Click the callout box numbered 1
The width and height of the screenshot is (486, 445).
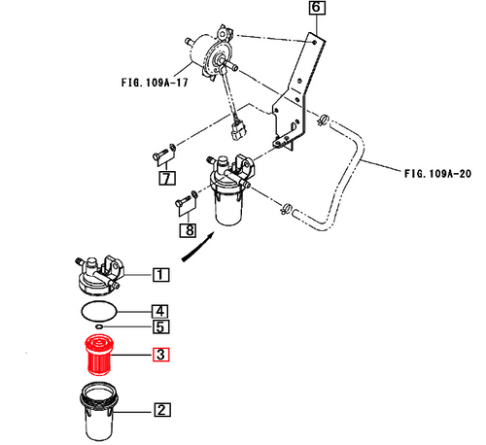[x=159, y=274]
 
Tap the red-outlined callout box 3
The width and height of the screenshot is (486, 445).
[x=159, y=355]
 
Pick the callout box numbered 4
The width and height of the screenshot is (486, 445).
[x=159, y=311]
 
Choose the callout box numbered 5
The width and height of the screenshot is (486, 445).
[x=159, y=328]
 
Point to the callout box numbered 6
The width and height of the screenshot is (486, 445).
[x=317, y=11]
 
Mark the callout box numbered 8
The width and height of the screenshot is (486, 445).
[x=186, y=229]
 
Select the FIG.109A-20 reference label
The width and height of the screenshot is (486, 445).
[x=438, y=174]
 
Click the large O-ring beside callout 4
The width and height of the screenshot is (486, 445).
[x=98, y=310]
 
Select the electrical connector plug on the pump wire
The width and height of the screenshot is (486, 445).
[x=239, y=127]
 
